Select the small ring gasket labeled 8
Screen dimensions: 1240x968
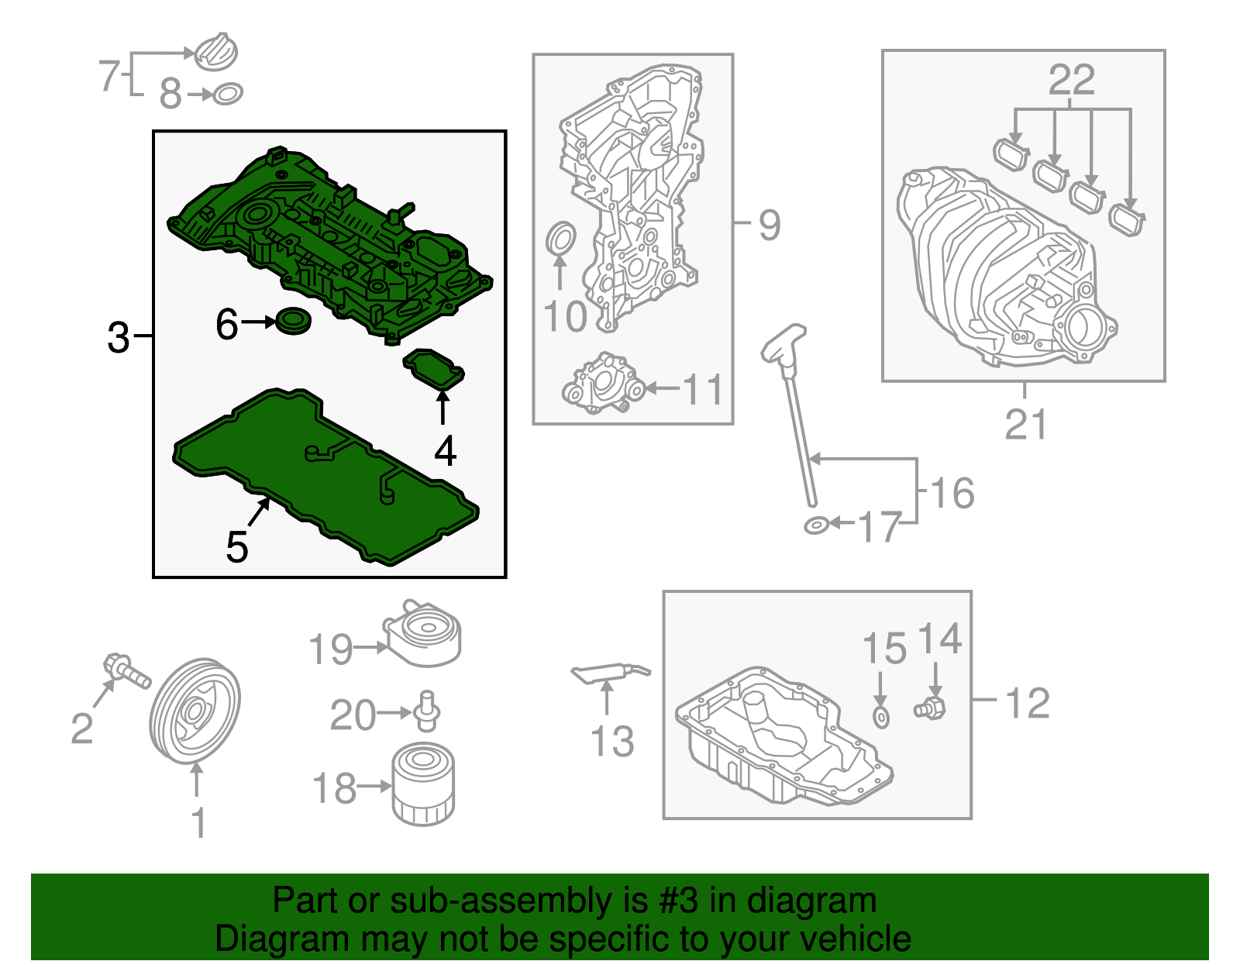click(x=228, y=94)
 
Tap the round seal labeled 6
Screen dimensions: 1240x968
click(x=293, y=321)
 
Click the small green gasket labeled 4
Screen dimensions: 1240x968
click(x=434, y=370)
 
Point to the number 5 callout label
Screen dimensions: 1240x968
click(x=237, y=547)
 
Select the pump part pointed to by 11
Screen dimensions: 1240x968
click(x=603, y=383)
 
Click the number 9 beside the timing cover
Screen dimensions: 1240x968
click(x=769, y=225)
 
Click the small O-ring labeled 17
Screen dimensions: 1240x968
click(x=816, y=525)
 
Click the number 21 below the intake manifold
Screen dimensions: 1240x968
click(x=1025, y=425)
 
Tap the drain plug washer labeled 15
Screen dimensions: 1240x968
click(x=881, y=718)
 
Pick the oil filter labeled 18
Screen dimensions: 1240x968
click(x=423, y=784)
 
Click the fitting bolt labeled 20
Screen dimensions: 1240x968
click(x=425, y=712)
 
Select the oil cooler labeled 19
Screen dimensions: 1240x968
click(x=423, y=634)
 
